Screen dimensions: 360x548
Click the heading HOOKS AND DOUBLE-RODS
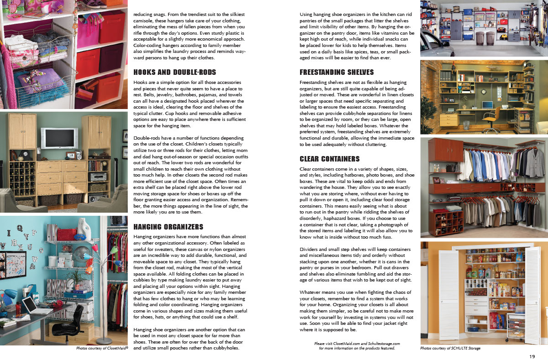[174, 72]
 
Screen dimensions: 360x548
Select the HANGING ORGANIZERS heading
[168, 227]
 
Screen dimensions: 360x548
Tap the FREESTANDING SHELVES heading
[337, 72]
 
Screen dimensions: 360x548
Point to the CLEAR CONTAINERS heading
[330, 159]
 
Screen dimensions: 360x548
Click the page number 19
[532, 356]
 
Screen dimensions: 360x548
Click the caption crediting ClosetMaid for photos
[102, 348]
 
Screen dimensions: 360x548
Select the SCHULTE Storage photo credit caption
[450, 348]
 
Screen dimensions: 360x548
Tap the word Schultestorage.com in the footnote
[380, 343]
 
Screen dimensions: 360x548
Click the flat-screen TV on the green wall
[59, 138]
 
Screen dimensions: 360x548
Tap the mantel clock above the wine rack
[24, 155]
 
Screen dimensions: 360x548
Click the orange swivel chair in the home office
[491, 115]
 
